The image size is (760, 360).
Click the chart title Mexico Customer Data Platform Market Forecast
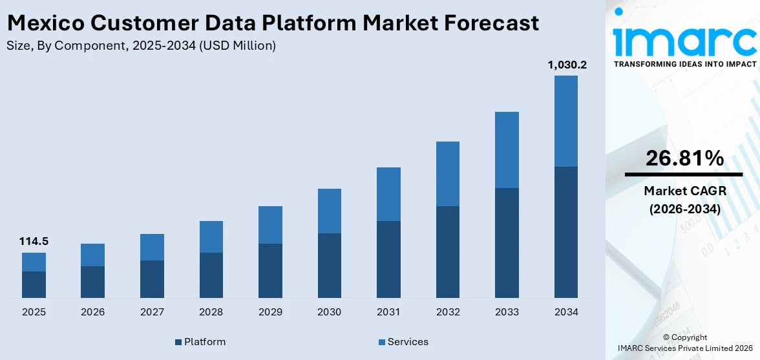pyautogui.click(x=272, y=23)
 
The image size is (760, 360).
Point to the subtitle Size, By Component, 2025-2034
pyautogui.click(x=141, y=46)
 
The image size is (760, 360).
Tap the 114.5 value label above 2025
pyautogui.click(x=34, y=242)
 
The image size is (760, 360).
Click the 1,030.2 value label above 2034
pyautogui.click(x=567, y=65)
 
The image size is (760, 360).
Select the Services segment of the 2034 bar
pyautogui.click(x=566, y=121)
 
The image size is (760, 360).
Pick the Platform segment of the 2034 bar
pyautogui.click(x=566, y=232)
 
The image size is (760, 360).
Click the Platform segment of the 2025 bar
pyautogui.click(x=34, y=284)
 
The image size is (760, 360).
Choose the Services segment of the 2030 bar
pyautogui.click(x=330, y=211)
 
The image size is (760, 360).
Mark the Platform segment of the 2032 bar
pyautogui.click(x=448, y=251)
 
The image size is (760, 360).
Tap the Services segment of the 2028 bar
pyautogui.click(x=211, y=237)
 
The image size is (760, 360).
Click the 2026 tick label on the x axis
pyautogui.click(x=93, y=312)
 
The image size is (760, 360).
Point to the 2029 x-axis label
pyautogui.click(x=270, y=312)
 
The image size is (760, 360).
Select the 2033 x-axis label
pyautogui.click(x=507, y=312)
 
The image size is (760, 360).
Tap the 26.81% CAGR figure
pyautogui.click(x=684, y=158)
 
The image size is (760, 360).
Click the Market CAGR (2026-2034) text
pyautogui.click(x=684, y=200)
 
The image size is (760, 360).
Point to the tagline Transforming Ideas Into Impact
pyautogui.click(x=684, y=64)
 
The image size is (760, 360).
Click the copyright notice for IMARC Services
pyautogui.click(x=684, y=343)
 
